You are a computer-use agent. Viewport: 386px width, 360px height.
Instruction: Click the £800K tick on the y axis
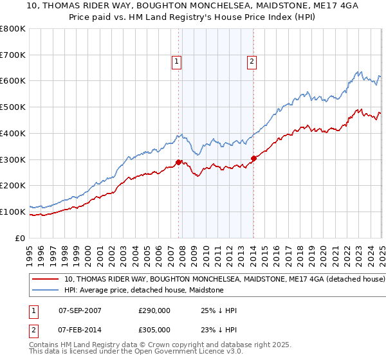tap(13, 29)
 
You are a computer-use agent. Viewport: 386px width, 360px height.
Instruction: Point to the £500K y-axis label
tap(13, 107)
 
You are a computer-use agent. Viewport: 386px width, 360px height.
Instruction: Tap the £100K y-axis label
tap(13, 212)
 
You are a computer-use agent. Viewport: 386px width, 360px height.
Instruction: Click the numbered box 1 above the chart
tap(176, 62)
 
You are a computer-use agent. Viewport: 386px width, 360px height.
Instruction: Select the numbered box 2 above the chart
tap(252, 62)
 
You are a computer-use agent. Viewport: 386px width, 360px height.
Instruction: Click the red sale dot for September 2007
tap(178, 162)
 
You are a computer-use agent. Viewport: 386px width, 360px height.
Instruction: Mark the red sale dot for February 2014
tap(253, 158)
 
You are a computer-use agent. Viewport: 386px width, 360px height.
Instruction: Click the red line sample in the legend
tap(45, 280)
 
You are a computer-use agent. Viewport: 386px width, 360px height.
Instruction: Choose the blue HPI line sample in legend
tap(45, 291)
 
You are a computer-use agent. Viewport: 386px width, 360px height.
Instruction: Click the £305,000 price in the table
tap(154, 330)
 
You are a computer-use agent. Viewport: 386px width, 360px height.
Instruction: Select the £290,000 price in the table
tap(154, 310)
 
